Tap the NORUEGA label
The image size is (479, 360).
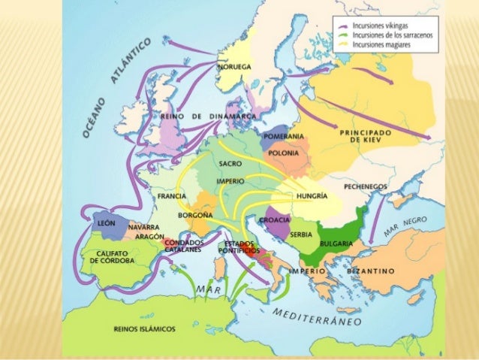[x=234, y=67]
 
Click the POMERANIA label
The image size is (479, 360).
[x=284, y=137]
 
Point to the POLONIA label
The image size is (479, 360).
[x=283, y=153]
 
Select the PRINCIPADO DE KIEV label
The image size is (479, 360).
[x=366, y=136]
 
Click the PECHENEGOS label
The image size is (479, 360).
[x=365, y=186]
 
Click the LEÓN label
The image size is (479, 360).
[x=105, y=224]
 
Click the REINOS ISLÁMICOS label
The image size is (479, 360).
[x=144, y=328]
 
